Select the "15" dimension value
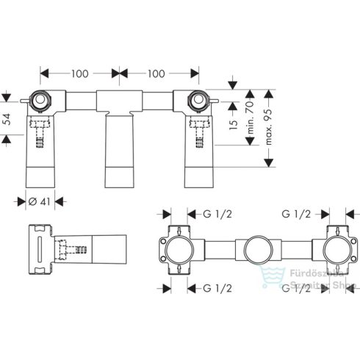tap(233, 121)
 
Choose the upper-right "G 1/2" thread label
tap(295, 214)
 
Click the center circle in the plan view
tap(256, 250)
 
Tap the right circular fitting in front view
tap(197, 98)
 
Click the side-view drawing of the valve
tap(77, 250)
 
